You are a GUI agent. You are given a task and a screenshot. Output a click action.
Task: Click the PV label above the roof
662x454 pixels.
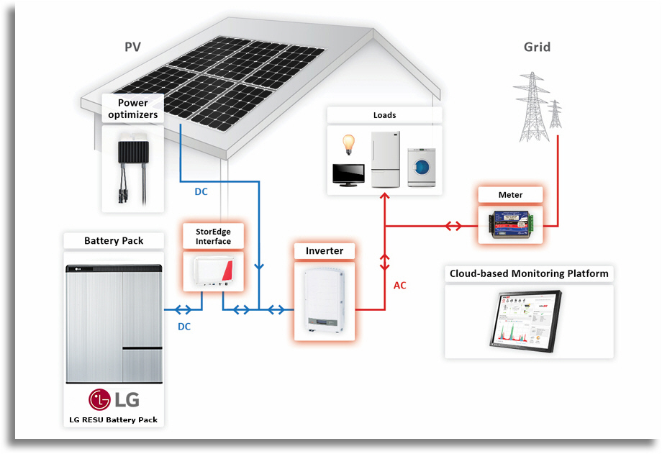[x=132, y=47]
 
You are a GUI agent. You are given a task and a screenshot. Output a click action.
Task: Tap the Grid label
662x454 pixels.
[x=537, y=47]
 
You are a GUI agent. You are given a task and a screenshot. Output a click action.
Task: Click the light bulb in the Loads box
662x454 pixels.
[x=348, y=145]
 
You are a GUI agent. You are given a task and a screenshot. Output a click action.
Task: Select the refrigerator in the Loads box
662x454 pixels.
[x=386, y=159]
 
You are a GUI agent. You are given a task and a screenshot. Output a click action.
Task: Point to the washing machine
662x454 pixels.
[x=422, y=167]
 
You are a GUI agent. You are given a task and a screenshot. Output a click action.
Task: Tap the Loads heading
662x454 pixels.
[x=385, y=115]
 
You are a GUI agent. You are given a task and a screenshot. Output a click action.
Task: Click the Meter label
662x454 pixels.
[x=510, y=195]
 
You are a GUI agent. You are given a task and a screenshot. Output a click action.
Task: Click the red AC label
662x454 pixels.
[x=400, y=286]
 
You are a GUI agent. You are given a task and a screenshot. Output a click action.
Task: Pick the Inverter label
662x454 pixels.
[x=325, y=251]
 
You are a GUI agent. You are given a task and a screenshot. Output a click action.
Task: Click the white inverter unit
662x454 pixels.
[x=325, y=301]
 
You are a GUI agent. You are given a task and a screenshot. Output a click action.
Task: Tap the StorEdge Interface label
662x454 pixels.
[x=213, y=237]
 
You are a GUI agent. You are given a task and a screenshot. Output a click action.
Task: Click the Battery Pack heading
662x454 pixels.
[x=114, y=241]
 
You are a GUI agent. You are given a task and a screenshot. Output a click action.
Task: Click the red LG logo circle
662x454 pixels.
[x=99, y=399]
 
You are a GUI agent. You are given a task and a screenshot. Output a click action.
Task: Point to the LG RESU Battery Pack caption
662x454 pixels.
[x=113, y=419]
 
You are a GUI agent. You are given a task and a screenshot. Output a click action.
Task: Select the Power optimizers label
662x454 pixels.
[x=132, y=109]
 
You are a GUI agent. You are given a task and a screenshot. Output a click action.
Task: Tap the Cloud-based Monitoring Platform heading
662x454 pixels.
[x=529, y=273]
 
